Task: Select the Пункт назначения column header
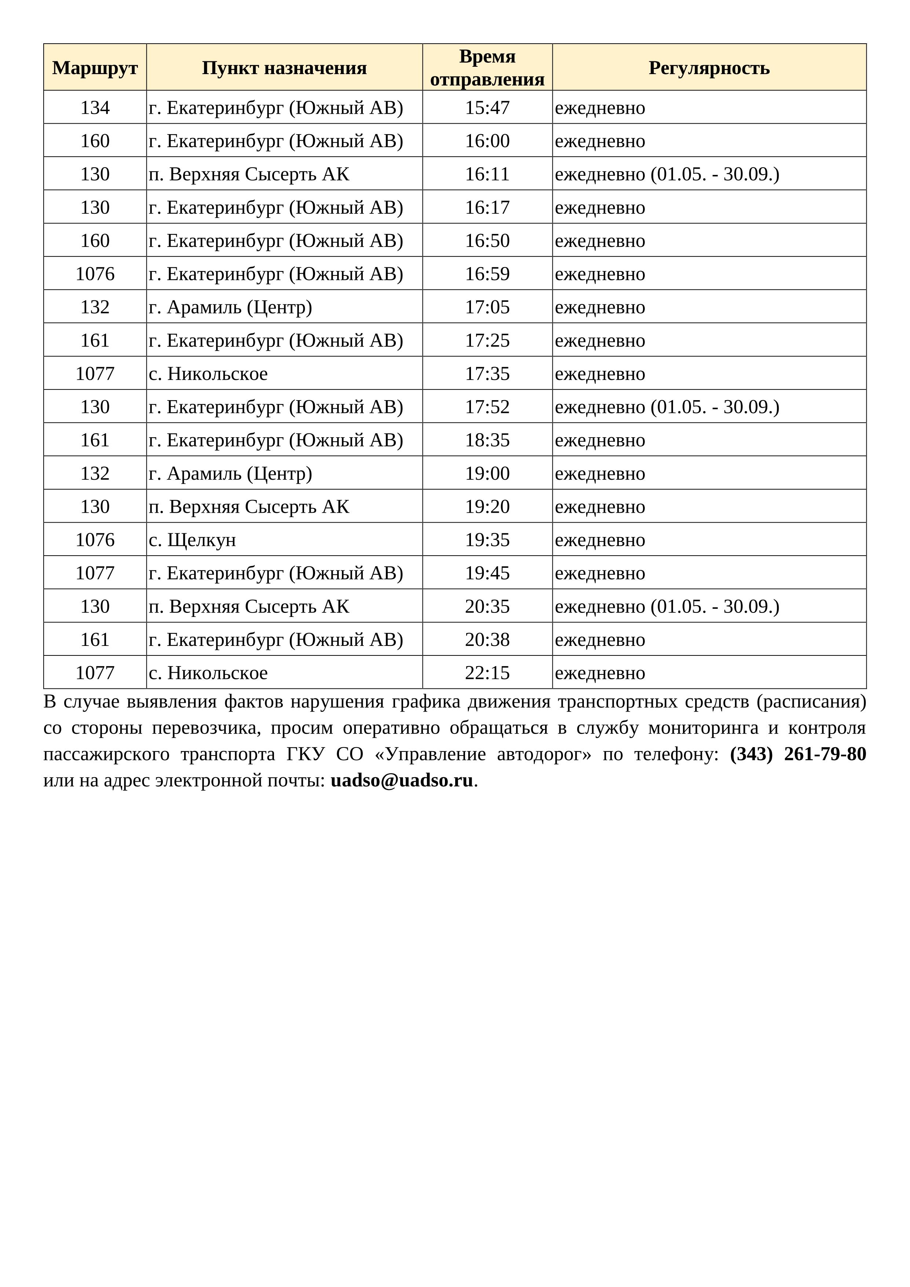(284, 68)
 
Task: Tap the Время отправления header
(487, 68)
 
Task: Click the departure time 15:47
(487, 107)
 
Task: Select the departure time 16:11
(487, 174)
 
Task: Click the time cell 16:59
(487, 274)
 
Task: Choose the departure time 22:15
(487, 673)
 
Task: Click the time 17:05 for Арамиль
(487, 307)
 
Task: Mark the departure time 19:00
(487, 474)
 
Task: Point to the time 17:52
(487, 407)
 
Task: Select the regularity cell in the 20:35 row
(667, 607)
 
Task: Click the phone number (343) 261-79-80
(797, 754)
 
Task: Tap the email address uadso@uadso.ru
(402, 780)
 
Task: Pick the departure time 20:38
(487, 640)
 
